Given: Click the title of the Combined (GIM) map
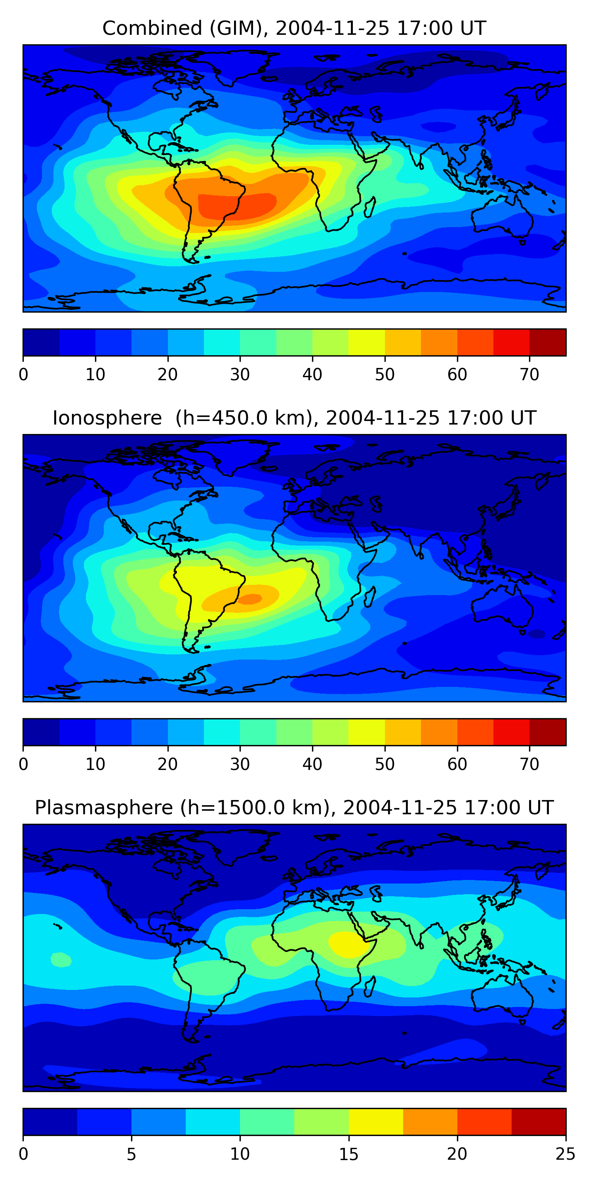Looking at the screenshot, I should point(294,28).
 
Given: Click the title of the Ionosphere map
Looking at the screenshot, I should point(294,418).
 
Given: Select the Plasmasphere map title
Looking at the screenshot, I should point(294,808).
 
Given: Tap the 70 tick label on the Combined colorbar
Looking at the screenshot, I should point(529,375).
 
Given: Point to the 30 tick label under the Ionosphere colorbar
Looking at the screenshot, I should point(240,764).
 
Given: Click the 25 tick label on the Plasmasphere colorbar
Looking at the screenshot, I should point(565,1154).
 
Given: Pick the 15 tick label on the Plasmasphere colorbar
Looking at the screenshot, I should point(348,1154).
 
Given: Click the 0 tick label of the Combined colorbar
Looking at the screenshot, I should point(23,375).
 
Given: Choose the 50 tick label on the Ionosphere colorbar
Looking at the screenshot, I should point(385,764).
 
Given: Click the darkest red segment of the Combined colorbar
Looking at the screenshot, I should point(547,342).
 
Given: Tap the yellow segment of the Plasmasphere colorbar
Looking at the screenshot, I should point(376,1122).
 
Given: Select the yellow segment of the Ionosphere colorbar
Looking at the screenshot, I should point(367,732).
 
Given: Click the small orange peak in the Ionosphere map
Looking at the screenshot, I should point(250,599).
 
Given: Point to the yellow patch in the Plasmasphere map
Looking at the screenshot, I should point(347,942).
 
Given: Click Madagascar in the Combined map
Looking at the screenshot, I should point(370,207).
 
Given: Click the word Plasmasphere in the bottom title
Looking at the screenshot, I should point(104,808).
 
